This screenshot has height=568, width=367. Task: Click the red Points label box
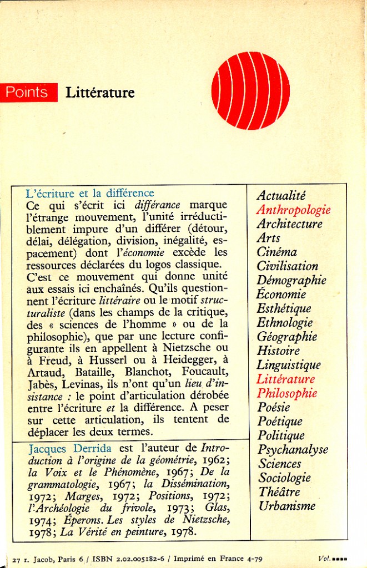(x=29, y=92)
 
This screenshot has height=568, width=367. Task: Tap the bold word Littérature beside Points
(x=100, y=93)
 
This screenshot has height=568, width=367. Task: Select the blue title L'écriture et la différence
(x=90, y=193)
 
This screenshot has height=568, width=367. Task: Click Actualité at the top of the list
(x=281, y=195)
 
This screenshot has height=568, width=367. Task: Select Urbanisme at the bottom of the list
(x=286, y=506)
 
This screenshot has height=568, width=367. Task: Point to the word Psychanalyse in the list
(x=293, y=449)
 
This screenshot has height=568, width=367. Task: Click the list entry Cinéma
(x=276, y=252)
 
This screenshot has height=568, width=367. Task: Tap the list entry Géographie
(x=287, y=337)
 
